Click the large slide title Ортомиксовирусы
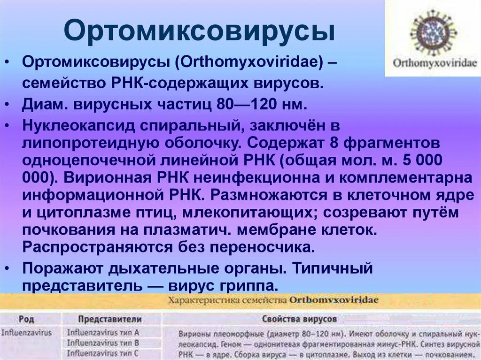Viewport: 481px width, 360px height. (x=200, y=31)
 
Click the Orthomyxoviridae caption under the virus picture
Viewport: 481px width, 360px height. (x=433, y=63)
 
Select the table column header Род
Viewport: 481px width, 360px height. (x=26, y=319)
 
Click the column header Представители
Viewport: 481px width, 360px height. (x=110, y=319)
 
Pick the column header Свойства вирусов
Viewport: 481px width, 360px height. (x=299, y=319)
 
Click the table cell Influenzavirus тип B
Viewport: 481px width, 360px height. (x=103, y=343)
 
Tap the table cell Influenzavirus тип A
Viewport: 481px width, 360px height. (x=103, y=332)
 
